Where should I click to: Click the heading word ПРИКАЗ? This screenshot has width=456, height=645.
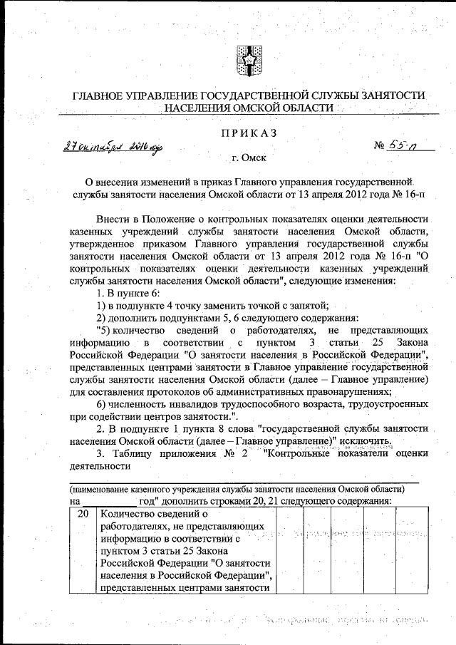point(249,133)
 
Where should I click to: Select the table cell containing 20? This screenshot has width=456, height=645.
point(83,514)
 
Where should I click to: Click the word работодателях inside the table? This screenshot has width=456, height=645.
point(135,527)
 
